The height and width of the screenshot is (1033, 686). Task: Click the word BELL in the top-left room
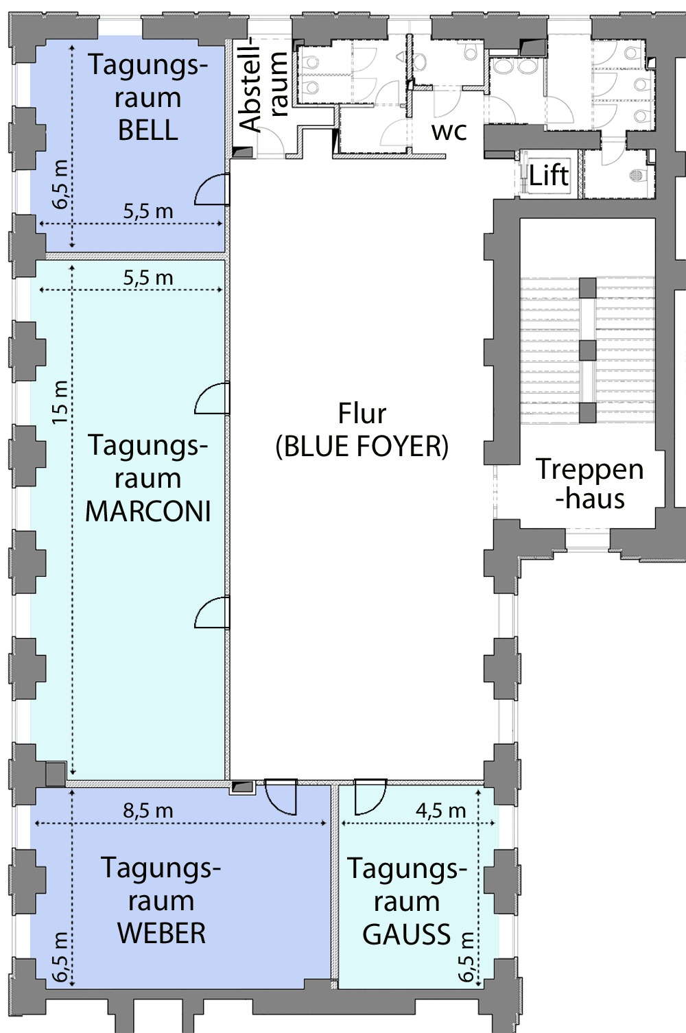point(148,130)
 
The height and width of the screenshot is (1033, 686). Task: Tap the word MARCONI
point(148,512)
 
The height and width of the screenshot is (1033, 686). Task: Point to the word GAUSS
point(406,934)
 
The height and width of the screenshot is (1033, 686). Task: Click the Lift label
point(549,176)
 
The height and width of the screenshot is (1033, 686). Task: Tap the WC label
point(449,132)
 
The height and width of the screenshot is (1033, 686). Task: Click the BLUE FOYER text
point(362,447)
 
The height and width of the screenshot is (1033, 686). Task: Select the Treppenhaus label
point(589,484)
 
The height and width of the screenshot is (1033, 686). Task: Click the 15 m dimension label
point(60,402)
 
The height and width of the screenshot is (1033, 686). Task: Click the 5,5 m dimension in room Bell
point(148,211)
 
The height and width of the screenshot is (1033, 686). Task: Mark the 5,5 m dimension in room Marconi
point(148,278)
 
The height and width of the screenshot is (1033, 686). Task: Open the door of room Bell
point(212,189)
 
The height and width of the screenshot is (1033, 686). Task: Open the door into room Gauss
point(370,797)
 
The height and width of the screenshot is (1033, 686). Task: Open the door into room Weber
point(281,797)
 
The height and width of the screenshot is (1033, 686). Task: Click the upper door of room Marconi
point(212,399)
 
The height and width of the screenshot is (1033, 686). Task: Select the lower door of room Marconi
point(212,613)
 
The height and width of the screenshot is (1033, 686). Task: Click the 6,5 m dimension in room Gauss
point(466,956)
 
